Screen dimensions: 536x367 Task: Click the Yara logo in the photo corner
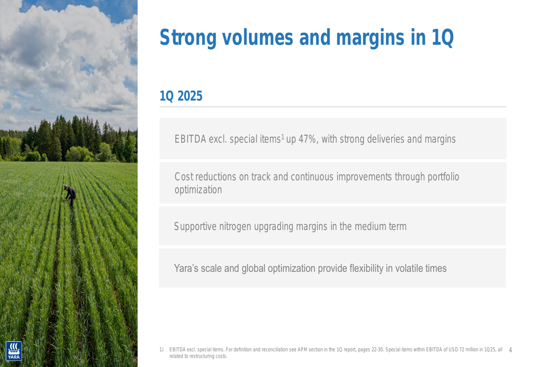click(x=14, y=351)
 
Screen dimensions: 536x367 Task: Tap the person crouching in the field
click(x=70, y=197)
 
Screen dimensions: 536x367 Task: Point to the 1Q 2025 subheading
click(x=181, y=96)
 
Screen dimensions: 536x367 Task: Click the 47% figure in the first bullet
click(x=307, y=139)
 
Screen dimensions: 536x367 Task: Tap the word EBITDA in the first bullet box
click(x=190, y=139)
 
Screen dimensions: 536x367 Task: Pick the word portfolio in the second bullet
click(x=443, y=177)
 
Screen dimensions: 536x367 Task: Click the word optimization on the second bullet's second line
click(x=198, y=190)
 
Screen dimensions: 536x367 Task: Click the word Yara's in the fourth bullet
click(x=186, y=268)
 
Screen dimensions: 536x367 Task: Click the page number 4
click(x=510, y=350)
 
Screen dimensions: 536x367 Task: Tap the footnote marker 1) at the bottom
click(x=161, y=349)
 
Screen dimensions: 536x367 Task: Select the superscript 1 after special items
click(x=282, y=137)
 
